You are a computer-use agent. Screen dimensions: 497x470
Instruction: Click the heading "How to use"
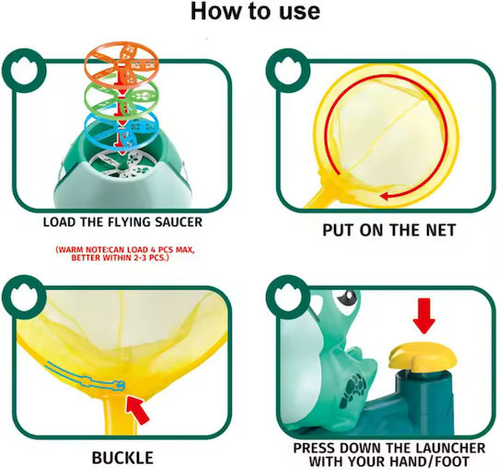[255, 11]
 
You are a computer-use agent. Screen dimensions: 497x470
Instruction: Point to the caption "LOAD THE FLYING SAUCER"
[122, 222]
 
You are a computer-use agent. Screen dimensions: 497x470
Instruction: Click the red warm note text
[125, 253]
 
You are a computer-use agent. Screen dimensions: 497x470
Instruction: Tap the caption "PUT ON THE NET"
[389, 230]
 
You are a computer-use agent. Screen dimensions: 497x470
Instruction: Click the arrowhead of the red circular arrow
[384, 196]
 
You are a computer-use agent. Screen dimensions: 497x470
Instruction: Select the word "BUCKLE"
[122, 458]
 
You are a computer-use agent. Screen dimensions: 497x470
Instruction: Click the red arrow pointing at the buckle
[137, 410]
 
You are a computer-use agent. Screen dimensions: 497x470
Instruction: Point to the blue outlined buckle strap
[85, 377]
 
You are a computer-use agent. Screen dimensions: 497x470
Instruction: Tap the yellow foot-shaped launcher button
[422, 357]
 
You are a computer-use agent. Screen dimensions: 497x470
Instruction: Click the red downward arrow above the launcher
[424, 315]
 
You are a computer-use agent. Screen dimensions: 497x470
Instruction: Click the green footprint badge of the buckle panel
[24, 297]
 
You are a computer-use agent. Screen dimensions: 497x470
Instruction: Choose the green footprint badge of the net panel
[288, 70]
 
